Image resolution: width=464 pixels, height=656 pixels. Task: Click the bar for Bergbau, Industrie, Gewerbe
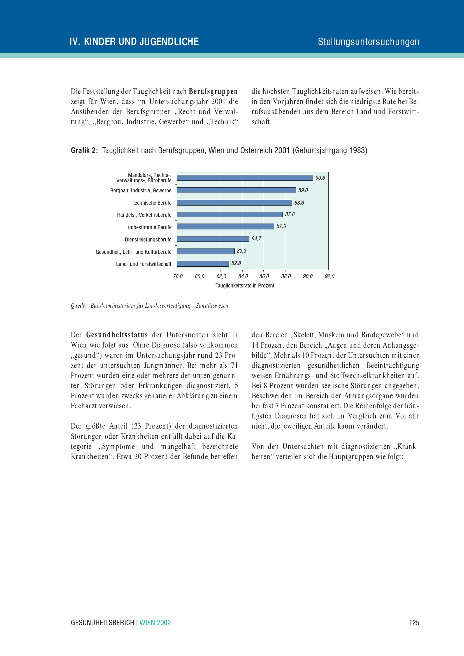point(236,190)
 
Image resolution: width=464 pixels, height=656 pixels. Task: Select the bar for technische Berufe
point(234,202)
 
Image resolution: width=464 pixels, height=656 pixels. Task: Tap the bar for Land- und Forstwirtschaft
point(203,263)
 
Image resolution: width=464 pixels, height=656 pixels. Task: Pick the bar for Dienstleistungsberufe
point(213,239)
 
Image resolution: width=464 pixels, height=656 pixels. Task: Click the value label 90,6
point(320,178)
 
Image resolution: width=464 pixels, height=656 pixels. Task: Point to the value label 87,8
point(290,215)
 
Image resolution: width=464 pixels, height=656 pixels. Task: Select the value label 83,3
point(242,251)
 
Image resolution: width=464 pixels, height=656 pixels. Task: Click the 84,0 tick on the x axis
point(243,276)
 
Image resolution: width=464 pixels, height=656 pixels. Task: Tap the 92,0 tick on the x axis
point(330,276)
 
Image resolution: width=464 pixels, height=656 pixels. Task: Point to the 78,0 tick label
point(178,276)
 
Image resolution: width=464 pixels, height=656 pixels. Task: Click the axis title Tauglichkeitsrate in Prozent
point(245,286)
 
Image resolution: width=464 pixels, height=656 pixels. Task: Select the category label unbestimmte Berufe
point(149,227)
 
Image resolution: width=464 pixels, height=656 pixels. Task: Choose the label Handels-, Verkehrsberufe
point(144,215)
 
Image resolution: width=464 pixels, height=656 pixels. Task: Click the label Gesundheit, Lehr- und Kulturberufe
point(133,252)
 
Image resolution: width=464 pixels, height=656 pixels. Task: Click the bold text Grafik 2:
point(84,150)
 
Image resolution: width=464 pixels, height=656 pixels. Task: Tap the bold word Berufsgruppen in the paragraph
point(213,91)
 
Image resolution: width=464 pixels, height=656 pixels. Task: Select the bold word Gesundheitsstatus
point(117,335)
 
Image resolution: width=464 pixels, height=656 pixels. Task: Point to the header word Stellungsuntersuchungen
point(368,42)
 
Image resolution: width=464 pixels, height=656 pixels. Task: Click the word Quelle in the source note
point(78,306)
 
